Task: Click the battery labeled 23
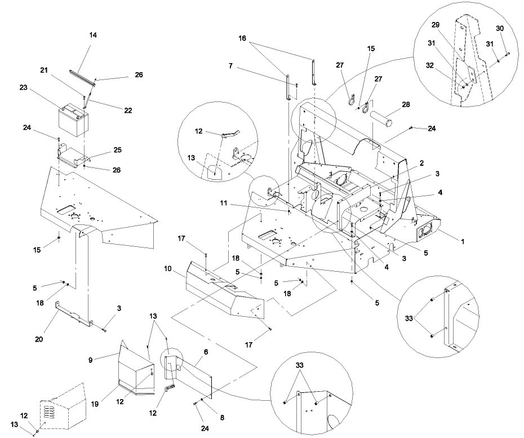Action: [x=73, y=119]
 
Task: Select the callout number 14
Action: [x=93, y=35]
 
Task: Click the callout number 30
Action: [x=500, y=28]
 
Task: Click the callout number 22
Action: [x=128, y=110]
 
